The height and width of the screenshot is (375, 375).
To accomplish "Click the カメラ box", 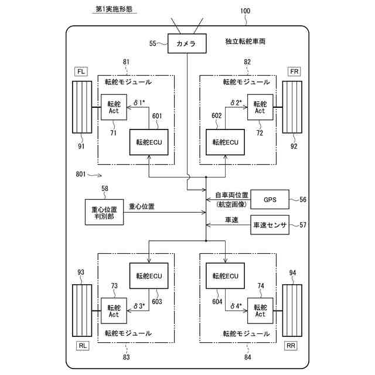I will point(187,43).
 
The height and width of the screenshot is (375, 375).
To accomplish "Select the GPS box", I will point(270,200).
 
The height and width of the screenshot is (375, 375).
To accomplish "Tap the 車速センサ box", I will point(271,225).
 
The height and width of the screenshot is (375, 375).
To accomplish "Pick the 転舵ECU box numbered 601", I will point(149,141).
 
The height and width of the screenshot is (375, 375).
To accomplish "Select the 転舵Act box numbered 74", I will point(260,310).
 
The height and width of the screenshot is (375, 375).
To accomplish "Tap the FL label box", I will point(81,71).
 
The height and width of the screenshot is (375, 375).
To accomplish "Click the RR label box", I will point(291,346).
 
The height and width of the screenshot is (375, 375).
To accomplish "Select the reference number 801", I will point(84,174).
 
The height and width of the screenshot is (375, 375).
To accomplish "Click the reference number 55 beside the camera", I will point(153,43).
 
